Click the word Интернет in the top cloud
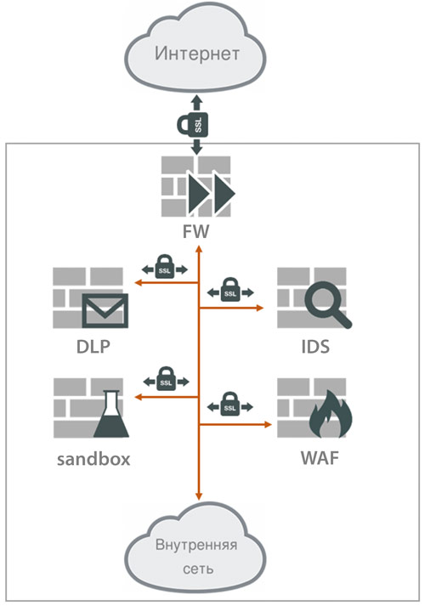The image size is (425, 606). pyautogui.click(x=197, y=54)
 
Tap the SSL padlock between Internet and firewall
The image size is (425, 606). pyautogui.click(x=193, y=124)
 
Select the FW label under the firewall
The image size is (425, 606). pyautogui.click(x=195, y=231)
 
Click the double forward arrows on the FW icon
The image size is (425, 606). pyautogui.click(x=212, y=193)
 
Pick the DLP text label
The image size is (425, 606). pyautogui.click(x=93, y=346)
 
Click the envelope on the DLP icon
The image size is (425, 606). pyautogui.click(x=105, y=310)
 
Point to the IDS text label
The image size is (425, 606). pyautogui.click(x=315, y=346)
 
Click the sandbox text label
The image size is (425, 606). pyautogui.click(x=93, y=459)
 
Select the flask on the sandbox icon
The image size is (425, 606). pyautogui.click(x=110, y=414)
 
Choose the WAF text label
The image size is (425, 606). pyautogui.click(x=320, y=458)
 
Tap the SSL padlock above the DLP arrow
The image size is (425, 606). pyautogui.click(x=165, y=266)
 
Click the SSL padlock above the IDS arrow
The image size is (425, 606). pyautogui.click(x=230, y=289)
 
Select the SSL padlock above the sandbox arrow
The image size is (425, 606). pyautogui.click(x=166, y=378)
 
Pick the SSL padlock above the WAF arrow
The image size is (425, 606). pyautogui.click(x=229, y=404)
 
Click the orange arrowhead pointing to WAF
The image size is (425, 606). pyautogui.click(x=268, y=424)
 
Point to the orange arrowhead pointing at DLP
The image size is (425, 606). pyautogui.click(x=138, y=283)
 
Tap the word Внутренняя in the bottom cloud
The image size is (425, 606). pyautogui.click(x=196, y=545)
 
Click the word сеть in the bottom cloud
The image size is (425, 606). pyautogui.click(x=198, y=569)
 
